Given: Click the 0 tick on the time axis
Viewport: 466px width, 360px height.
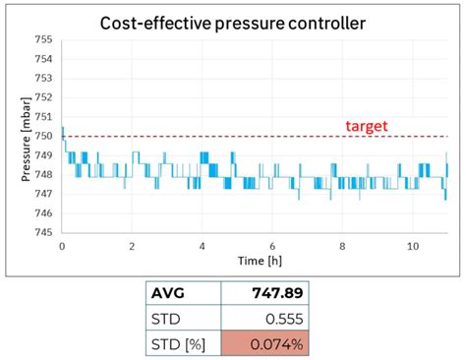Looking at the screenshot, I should tap(62, 245).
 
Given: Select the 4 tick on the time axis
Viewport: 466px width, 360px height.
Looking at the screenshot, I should tap(202, 245).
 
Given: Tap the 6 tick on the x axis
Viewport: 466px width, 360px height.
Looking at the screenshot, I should tap(272, 245).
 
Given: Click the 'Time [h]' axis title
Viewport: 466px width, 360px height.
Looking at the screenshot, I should tap(255, 261).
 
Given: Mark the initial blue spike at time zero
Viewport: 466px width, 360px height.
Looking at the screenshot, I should tap(63, 132).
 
